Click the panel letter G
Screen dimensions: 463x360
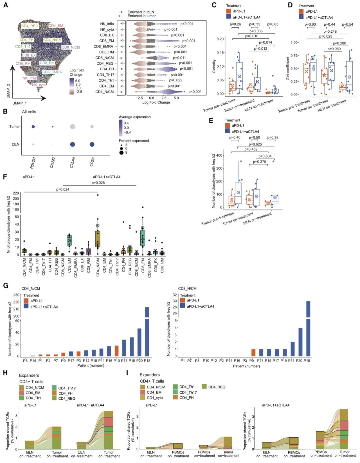[x=5, y=285]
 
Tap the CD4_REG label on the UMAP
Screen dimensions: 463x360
[x=30, y=26]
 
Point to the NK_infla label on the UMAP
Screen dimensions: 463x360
[x=29, y=78]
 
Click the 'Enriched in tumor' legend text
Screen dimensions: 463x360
[x=141, y=16]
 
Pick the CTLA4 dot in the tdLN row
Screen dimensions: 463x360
[x=72, y=144]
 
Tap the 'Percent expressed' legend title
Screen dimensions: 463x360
[x=134, y=141]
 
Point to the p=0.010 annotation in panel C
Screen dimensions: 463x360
[x=252, y=36]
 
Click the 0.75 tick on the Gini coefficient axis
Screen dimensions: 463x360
[x=294, y=56]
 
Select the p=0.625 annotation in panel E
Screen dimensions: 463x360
[x=255, y=144]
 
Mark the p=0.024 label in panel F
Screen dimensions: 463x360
[x=63, y=190]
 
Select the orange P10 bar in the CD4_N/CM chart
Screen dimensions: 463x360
[x=117, y=351]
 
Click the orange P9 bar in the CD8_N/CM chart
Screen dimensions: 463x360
[x=253, y=352]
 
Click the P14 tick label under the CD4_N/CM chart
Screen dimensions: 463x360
[x=33, y=360]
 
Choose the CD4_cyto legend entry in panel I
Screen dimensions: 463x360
[x=155, y=398]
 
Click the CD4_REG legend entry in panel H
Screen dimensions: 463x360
[x=67, y=398]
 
